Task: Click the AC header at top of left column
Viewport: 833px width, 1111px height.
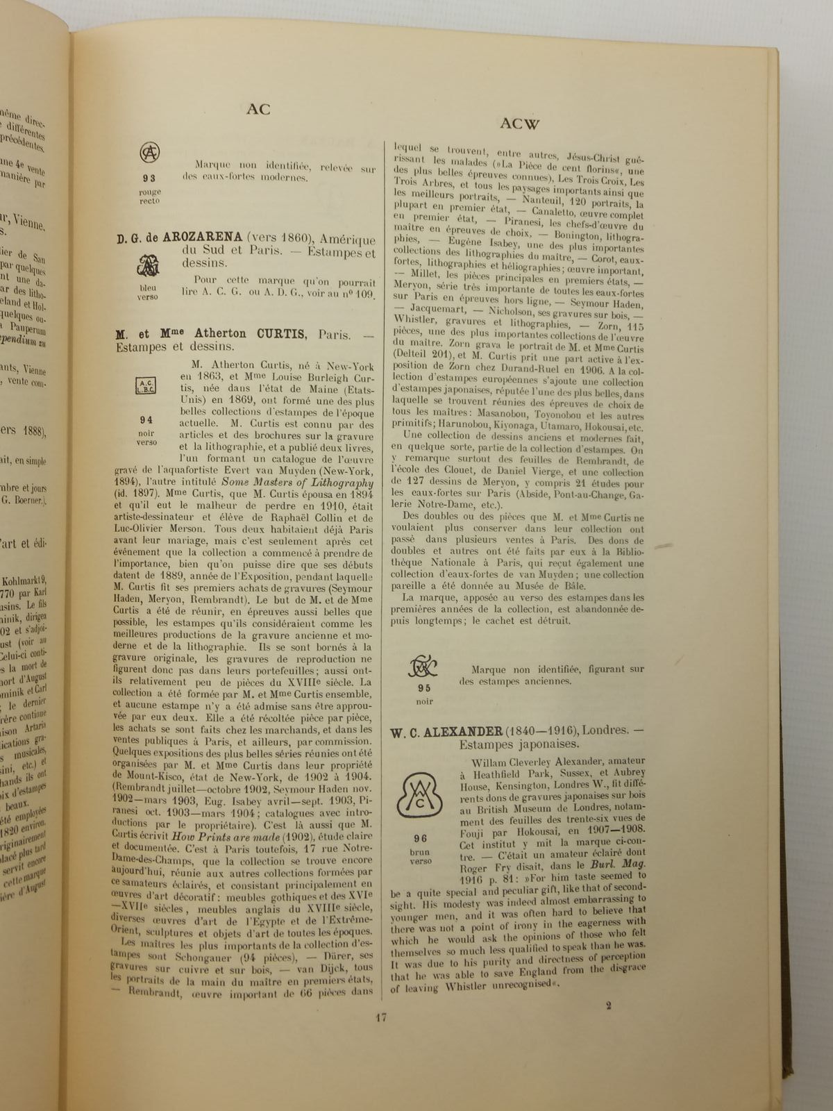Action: [x=258, y=109]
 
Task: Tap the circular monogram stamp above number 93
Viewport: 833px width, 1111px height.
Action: [x=149, y=151]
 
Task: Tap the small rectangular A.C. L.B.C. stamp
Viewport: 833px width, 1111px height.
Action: [x=147, y=386]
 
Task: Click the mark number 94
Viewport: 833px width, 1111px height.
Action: [x=146, y=419]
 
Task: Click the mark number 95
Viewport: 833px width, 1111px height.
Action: [x=423, y=688]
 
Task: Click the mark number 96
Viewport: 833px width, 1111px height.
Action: [x=420, y=839]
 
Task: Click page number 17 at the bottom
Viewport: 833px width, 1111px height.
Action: [x=380, y=1018]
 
